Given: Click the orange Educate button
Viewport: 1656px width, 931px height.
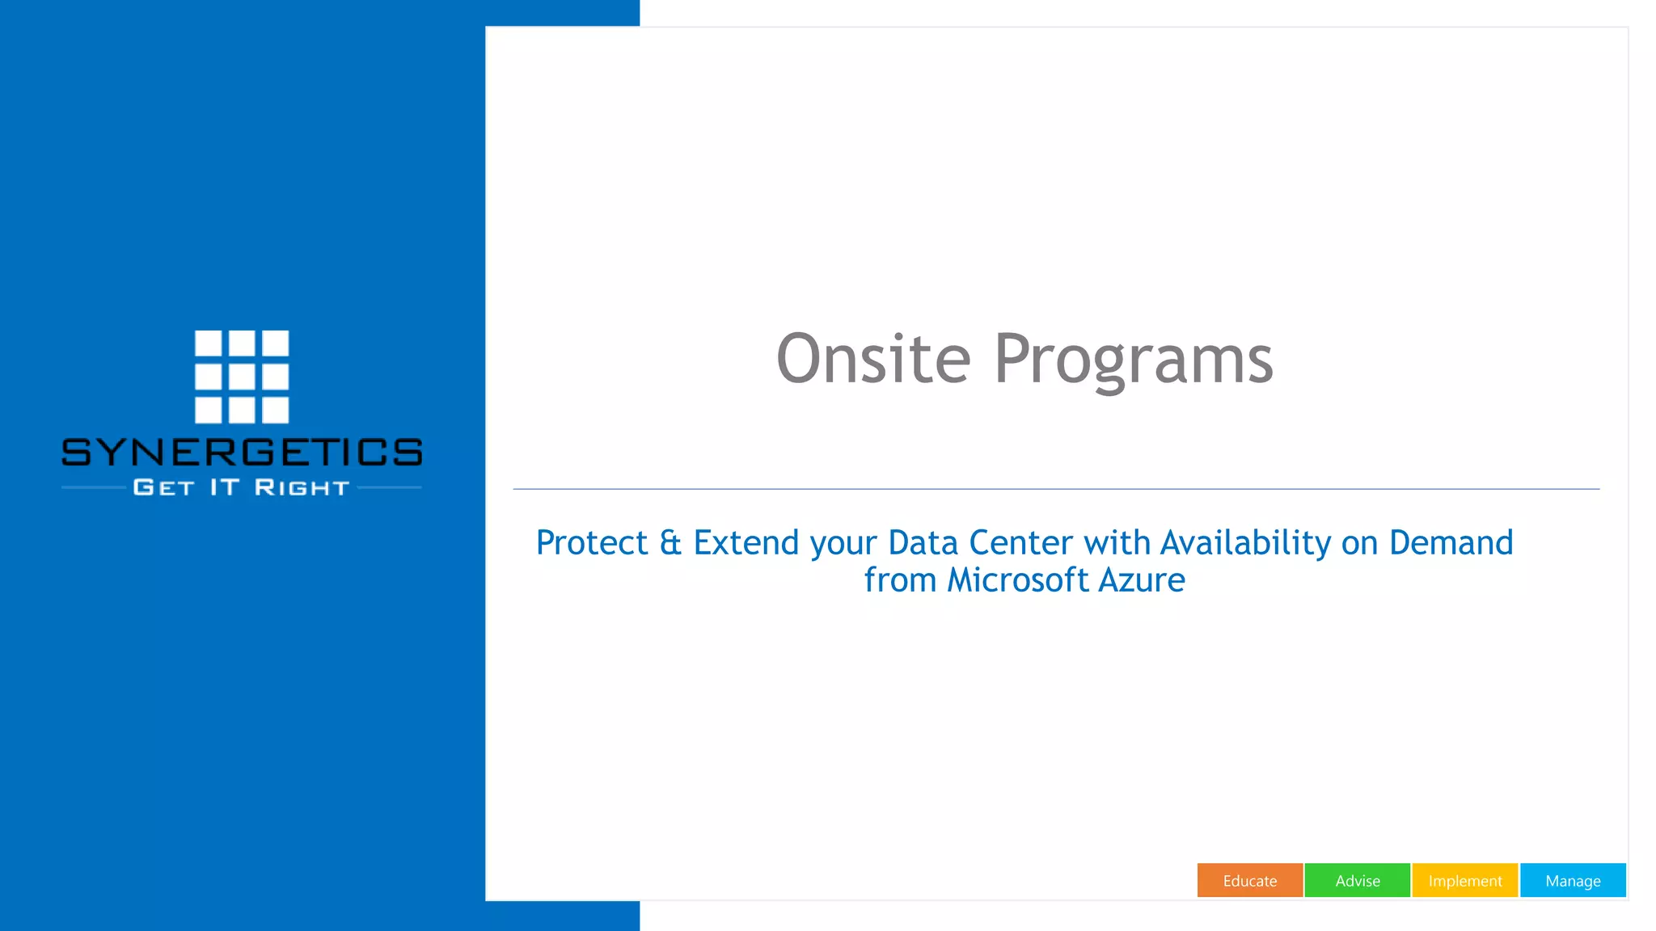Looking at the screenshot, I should (x=1249, y=880).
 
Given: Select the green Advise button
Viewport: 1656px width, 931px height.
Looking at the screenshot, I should (x=1357, y=880).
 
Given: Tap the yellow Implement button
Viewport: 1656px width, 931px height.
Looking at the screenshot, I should (x=1464, y=880).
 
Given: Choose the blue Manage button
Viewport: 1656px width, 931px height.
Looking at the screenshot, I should (x=1572, y=880).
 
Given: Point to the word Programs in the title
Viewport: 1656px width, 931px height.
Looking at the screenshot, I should (x=1133, y=360).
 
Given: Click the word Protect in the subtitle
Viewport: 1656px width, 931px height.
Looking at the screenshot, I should (x=592, y=542).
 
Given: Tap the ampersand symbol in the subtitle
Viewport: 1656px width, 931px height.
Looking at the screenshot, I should (x=670, y=542).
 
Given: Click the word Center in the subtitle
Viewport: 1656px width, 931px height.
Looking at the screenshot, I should (x=1020, y=542).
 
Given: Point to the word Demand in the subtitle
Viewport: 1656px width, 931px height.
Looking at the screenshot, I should (x=1451, y=542).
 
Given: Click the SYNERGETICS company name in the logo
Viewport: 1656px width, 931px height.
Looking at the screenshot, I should (x=242, y=452).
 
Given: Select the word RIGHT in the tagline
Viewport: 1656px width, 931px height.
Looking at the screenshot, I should (x=302, y=487).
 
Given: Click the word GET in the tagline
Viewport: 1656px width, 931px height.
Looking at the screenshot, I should (x=163, y=487).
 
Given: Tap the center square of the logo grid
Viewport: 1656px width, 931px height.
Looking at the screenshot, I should (x=242, y=377).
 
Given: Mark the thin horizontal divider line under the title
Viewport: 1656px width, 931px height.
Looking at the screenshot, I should (x=1056, y=489).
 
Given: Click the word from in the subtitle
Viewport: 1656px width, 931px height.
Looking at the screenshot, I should (x=899, y=580).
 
